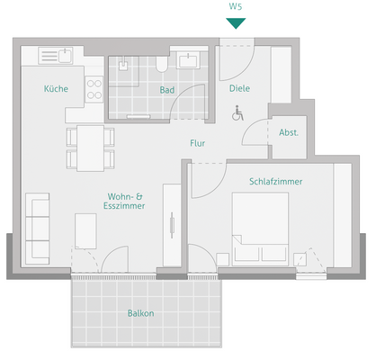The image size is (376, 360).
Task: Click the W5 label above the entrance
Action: (235, 6)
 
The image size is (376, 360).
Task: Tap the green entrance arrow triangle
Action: (235, 22)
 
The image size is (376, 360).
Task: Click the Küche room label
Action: (56, 89)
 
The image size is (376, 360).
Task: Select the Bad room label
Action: (167, 90)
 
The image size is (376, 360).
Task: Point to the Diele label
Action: (239, 88)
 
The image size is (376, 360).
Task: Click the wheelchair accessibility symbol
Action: (238, 113)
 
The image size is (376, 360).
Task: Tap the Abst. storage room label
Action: (289, 132)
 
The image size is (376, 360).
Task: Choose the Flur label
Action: (198, 143)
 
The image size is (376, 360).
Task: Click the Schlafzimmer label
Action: (275, 181)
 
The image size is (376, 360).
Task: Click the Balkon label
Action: (140, 313)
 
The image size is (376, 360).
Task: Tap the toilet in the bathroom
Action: (160, 64)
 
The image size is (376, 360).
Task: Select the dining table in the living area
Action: (90, 148)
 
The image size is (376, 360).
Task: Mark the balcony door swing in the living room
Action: (117, 261)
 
